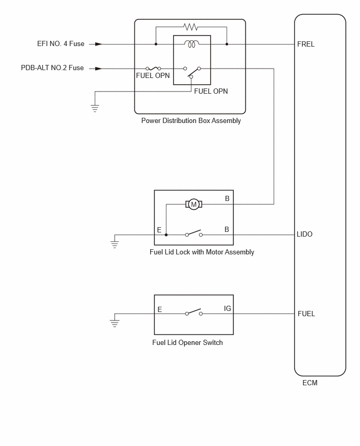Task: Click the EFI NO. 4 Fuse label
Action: click(x=61, y=44)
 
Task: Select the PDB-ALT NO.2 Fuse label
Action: click(x=52, y=68)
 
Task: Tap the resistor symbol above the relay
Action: click(x=191, y=27)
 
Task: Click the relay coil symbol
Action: click(x=192, y=44)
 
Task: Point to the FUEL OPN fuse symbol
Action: click(x=153, y=68)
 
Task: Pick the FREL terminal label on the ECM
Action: click(x=306, y=44)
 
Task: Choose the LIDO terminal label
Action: click(x=305, y=234)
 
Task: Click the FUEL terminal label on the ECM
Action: click(x=306, y=314)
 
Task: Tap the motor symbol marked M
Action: click(x=194, y=204)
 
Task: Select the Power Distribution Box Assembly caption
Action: click(x=191, y=120)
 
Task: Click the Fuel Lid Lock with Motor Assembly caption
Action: click(x=202, y=252)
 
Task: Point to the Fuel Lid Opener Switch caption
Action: click(x=187, y=342)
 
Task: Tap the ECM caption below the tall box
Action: click(x=310, y=383)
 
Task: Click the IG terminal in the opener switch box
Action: click(x=228, y=308)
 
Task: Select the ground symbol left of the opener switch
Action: click(x=115, y=321)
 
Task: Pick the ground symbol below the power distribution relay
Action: click(x=95, y=106)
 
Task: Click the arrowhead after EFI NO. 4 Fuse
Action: click(x=99, y=44)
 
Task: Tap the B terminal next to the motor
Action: click(x=227, y=198)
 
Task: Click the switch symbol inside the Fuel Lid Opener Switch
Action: click(x=194, y=313)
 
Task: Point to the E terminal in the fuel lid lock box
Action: click(x=159, y=230)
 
